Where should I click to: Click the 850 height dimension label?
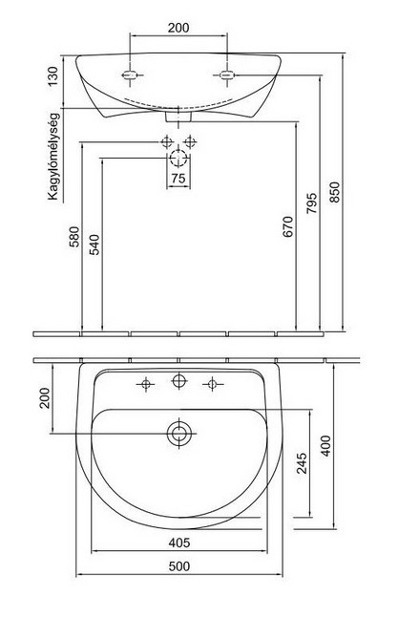click(334, 192)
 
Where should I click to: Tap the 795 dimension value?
click(311, 203)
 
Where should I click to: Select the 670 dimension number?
click(288, 226)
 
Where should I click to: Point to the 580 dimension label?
click(74, 237)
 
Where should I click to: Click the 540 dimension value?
click(94, 245)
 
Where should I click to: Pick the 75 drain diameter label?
click(178, 179)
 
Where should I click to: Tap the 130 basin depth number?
click(52, 76)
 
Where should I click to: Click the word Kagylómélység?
click(53, 157)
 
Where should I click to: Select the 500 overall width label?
click(179, 566)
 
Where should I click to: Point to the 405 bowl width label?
click(179, 543)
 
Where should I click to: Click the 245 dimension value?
click(303, 463)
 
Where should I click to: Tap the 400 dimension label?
click(325, 446)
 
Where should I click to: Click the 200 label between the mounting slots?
click(178, 28)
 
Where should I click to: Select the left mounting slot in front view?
click(129, 75)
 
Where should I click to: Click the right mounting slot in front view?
click(227, 75)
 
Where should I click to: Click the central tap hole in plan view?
click(179, 380)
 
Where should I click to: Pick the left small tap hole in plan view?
click(146, 384)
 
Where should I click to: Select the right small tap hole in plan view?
click(212, 384)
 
